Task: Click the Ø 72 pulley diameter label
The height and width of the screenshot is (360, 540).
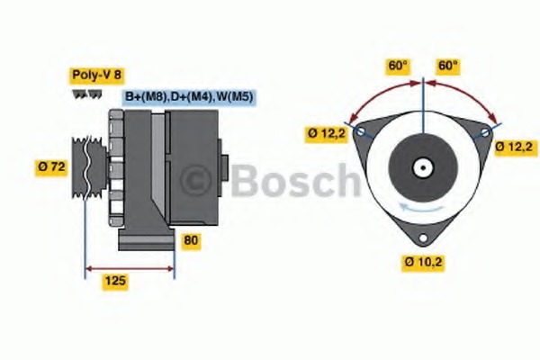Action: tap(52, 166)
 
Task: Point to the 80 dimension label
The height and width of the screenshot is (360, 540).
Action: tap(191, 240)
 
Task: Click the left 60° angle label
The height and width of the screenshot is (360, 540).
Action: tap(398, 66)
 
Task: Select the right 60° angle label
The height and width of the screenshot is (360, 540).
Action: tap(448, 66)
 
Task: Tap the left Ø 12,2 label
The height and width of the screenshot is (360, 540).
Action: tap(325, 134)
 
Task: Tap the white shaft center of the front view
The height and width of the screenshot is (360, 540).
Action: tap(421, 167)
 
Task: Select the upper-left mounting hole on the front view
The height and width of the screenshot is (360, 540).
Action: tap(361, 131)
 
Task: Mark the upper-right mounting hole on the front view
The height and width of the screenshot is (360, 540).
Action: tap(485, 131)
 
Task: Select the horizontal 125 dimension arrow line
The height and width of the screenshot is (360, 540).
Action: tap(130, 267)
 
